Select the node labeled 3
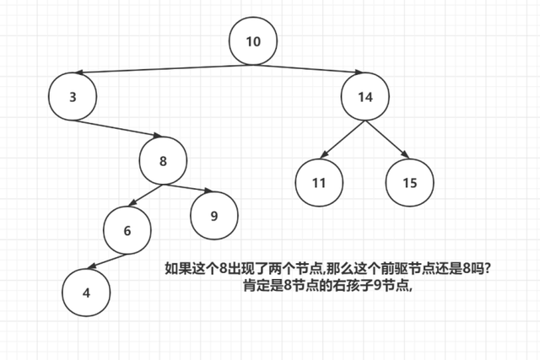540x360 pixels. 73,96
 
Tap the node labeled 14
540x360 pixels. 364,97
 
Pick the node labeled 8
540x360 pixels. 163,161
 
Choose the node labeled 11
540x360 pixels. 319,182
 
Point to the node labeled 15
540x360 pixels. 410,182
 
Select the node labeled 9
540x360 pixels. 213,216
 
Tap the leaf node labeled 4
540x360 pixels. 85,293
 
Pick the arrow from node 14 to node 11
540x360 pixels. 344,140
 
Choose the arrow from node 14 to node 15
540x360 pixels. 386,140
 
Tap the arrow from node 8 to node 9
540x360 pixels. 187,188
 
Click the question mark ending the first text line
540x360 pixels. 489,269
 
